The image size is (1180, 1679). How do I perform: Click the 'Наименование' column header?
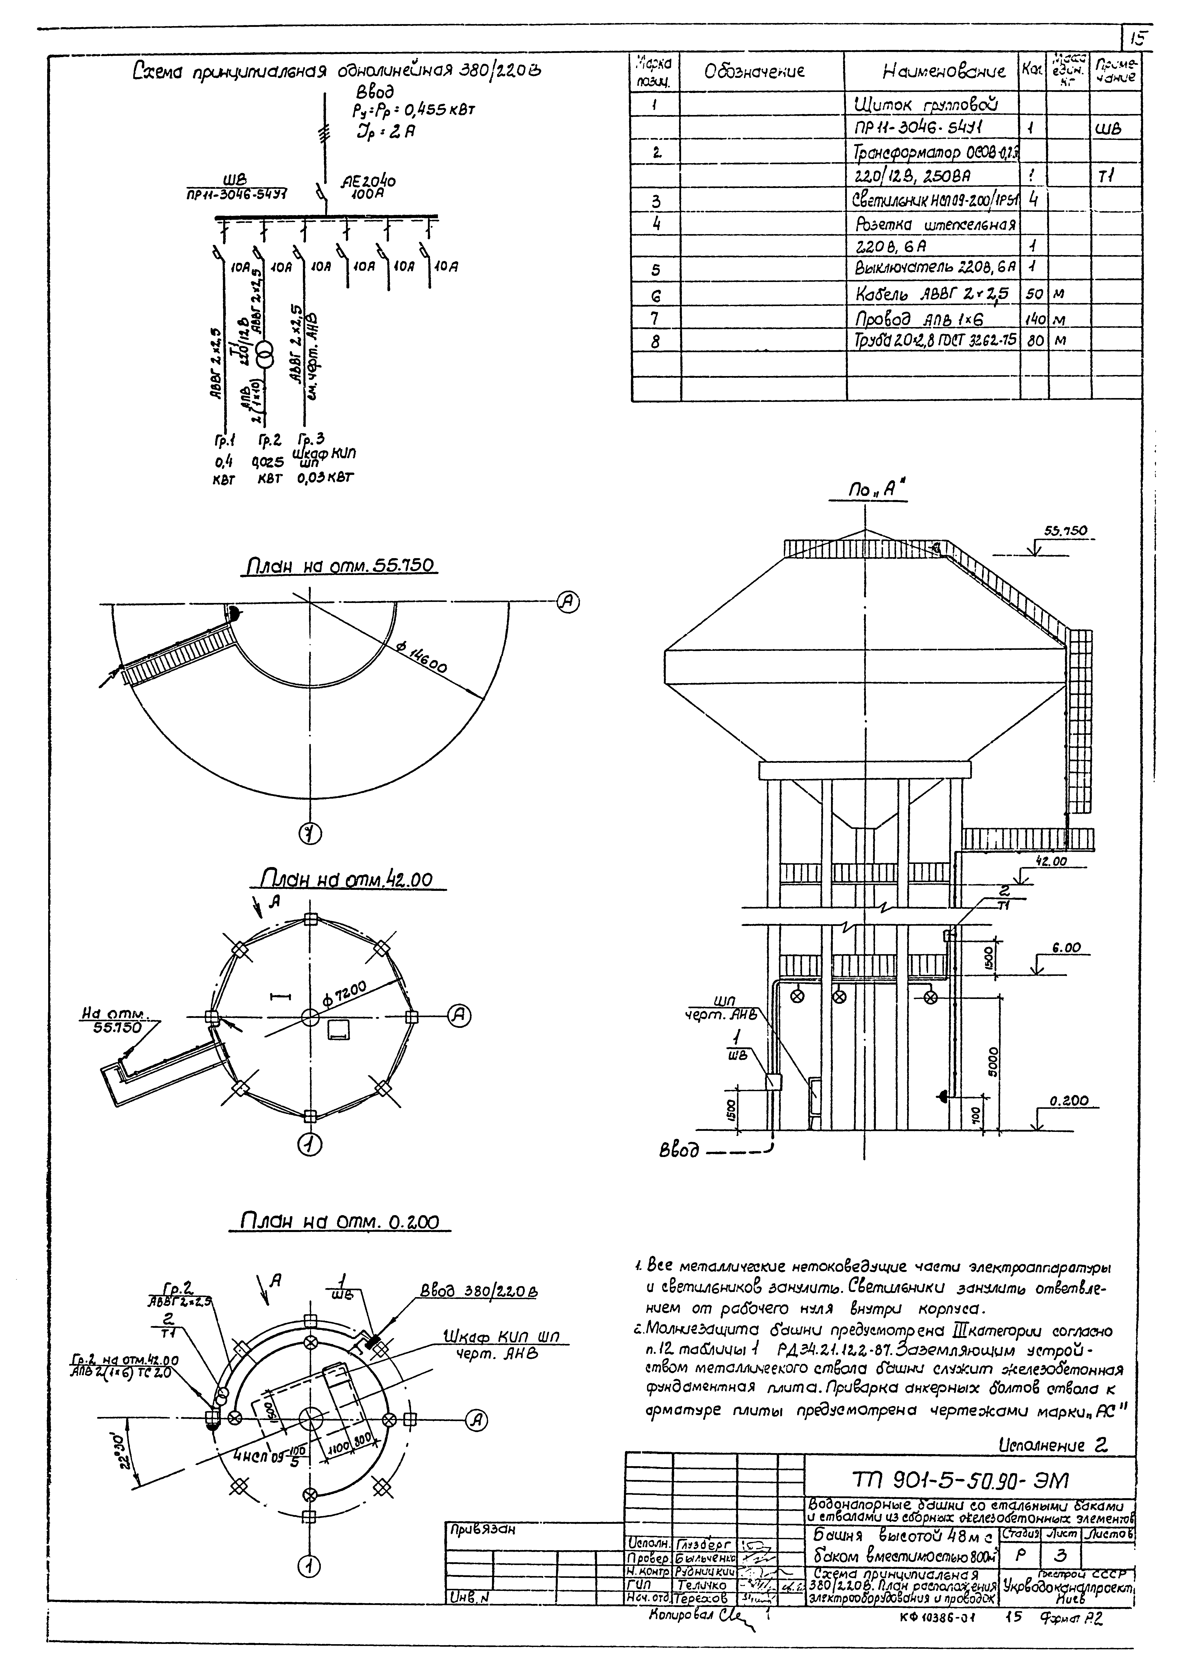click(944, 72)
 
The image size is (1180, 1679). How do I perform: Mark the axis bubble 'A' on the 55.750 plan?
click(568, 602)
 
